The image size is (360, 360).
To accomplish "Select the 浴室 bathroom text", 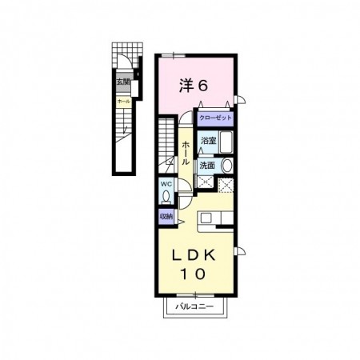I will (x=208, y=140).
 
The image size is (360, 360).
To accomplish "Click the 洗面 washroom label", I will (x=207, y=165).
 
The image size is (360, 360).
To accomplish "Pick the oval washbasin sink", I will (x=226, y=166).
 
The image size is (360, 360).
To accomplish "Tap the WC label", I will (x=166, y=183).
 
